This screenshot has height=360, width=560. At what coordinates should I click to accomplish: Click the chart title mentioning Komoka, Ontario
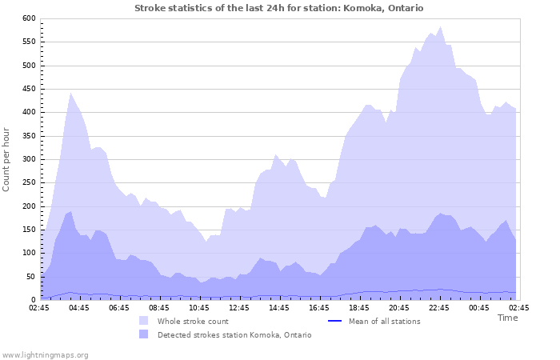point(279,8)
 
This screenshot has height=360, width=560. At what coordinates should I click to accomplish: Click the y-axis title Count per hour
point(8,159)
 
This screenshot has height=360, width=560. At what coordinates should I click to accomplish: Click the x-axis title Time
point(507,318)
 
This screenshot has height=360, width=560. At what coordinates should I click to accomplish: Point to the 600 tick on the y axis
point(29,18)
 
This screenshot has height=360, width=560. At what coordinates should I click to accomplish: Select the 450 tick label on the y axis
point(29,89)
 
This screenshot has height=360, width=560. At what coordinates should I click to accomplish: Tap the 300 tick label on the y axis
point(29,159)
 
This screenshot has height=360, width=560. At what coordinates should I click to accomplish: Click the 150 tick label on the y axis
point(29,230)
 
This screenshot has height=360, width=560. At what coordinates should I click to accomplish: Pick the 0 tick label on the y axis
point(34,300)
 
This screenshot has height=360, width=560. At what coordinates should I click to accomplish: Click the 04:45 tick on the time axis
point(80,307)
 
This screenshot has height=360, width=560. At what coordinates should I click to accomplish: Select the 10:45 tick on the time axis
point(200,307)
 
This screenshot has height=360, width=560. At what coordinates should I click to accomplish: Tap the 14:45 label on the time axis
point(280,307)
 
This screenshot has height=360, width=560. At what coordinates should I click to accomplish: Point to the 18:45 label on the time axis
point(360,307)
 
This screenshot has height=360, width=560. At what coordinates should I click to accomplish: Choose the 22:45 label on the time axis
point(440,307)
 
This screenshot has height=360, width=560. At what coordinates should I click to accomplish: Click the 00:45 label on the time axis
point(480,307)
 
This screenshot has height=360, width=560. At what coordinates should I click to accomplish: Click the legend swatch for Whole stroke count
point(144,321)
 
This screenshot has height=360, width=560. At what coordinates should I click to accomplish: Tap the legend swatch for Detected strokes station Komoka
point(144,334)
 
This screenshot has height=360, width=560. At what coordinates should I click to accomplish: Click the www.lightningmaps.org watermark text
point(45,354)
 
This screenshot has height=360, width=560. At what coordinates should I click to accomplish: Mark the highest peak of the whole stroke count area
point(440,26)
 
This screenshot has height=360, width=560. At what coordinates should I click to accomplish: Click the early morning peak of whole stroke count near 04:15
point(70,93)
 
